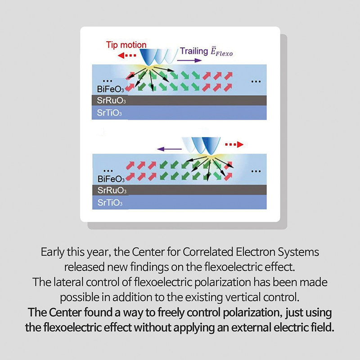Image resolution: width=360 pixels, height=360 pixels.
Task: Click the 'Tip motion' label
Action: (x=126, y=45)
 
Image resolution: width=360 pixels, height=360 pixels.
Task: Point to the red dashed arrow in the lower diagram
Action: (x=233, y=144)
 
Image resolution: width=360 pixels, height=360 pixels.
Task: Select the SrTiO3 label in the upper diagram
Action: (x=109, y=113)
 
